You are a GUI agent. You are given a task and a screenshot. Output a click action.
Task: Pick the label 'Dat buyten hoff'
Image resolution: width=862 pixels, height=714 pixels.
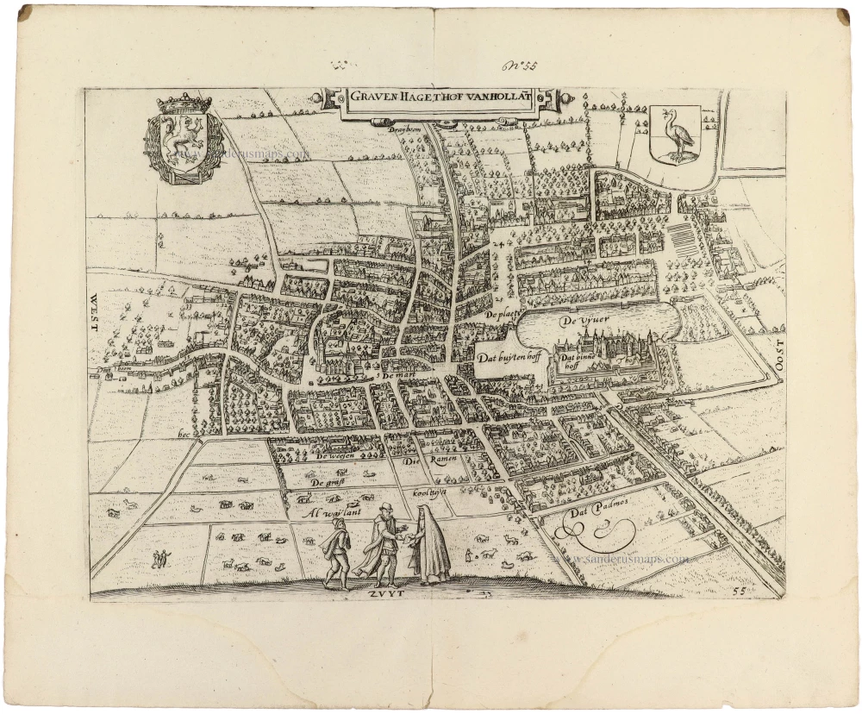509,356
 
